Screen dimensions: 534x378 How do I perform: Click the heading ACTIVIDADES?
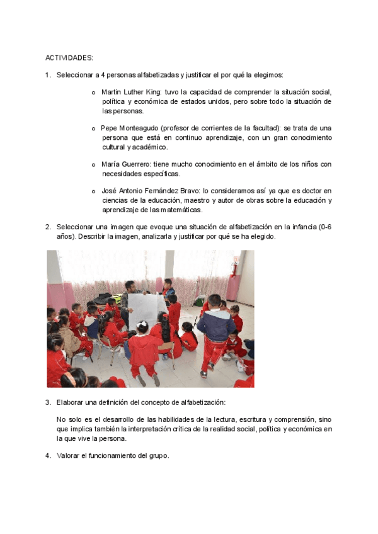69,58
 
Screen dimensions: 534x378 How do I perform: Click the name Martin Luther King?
130,92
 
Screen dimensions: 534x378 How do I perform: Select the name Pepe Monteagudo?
129,128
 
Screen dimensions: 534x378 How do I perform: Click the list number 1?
48,76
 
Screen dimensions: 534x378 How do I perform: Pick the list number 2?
48,227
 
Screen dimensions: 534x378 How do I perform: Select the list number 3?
48,402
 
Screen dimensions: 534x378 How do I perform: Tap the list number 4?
48,456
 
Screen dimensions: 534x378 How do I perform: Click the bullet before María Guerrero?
93,165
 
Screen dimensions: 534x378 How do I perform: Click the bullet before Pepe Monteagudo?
93,128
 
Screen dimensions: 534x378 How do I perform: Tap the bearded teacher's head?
130,286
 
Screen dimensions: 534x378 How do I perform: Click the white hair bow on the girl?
142,324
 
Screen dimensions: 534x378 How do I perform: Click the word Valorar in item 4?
69,456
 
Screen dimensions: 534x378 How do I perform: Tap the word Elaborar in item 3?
71,402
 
